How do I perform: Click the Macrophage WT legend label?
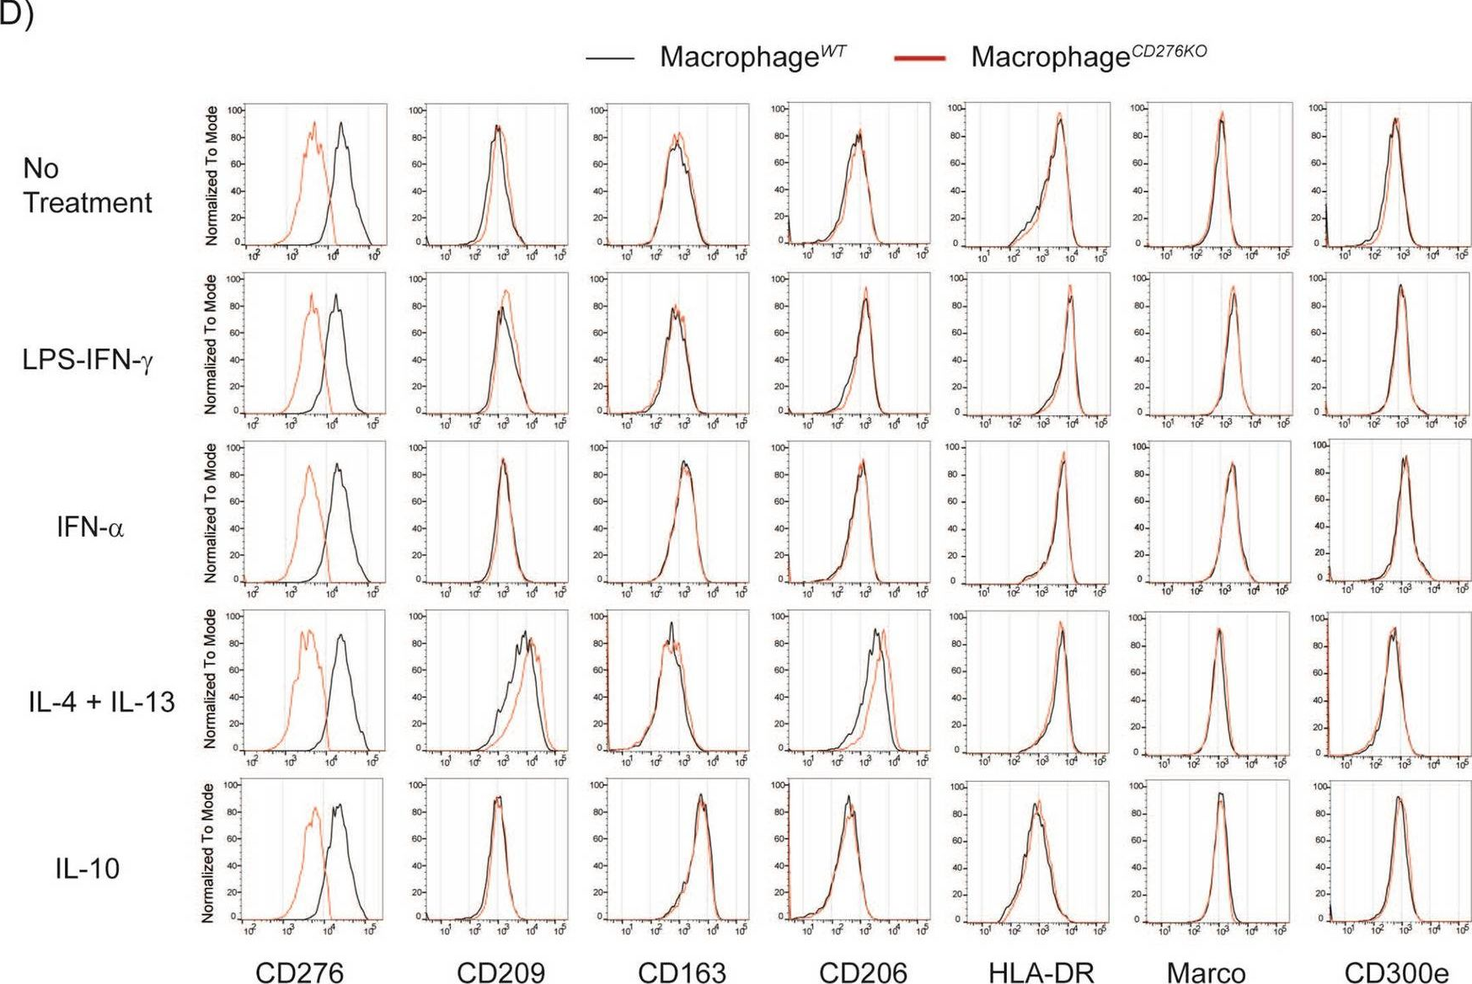tap(752, 56)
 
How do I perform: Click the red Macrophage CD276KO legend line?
tap(919, 58)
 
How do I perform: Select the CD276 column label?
tap(299, 972)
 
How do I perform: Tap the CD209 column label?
tap(500, 972)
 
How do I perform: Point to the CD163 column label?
tap(682, 972)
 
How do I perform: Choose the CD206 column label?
tap(863, 972)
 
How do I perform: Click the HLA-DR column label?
tap(1041, 972)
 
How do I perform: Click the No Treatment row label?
tap(87, 185)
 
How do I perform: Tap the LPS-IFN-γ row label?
tap(88, 360)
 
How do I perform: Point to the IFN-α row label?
tap(89, 528)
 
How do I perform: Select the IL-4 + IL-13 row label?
tap(101, 701)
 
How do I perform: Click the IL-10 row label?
tap(88, 868)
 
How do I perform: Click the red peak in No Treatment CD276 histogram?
tap(313, 123)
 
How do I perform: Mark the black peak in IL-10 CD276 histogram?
tap(339, 805)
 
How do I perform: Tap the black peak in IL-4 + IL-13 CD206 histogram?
tap(876, 630)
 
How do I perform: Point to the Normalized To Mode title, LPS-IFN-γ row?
tap(211, 344)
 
